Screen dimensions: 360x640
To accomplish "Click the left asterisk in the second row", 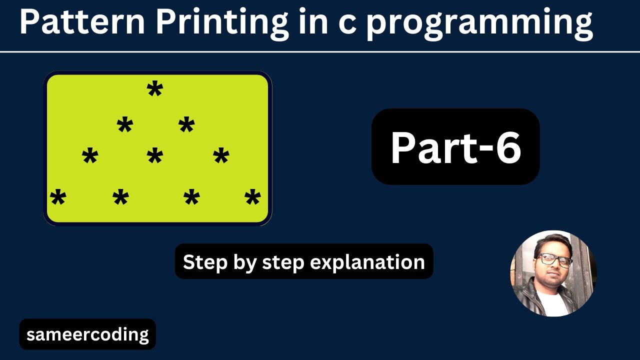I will [x=124, y=125].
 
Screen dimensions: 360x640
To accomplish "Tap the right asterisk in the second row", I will [x=186, y=125].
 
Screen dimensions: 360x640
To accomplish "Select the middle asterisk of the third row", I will [x=154, y=157].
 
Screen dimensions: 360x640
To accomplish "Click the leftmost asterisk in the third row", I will [x=90, y=157].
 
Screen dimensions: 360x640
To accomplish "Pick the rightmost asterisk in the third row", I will [x=220, y=157].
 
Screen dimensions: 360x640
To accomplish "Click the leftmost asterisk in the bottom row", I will [x=58, y=198].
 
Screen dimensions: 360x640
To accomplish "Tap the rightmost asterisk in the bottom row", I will [x=252, y=198].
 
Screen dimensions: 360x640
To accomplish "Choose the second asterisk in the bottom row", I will [x=120, y=198].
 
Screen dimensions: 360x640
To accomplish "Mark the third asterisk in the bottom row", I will [x=191, y=198].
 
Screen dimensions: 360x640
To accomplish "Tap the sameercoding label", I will [x=87, y=334].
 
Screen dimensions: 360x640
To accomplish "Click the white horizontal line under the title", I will [x=320, y=51].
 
